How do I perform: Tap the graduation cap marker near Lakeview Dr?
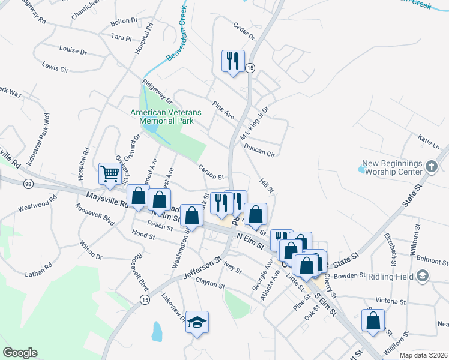click(197, 322)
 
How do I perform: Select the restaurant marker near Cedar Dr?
click(233, 61)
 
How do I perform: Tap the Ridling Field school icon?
click(423, 276)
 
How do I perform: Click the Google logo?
click(20, 353)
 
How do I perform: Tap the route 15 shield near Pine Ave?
click(250, 68)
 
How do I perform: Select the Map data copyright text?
click(423, 355)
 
